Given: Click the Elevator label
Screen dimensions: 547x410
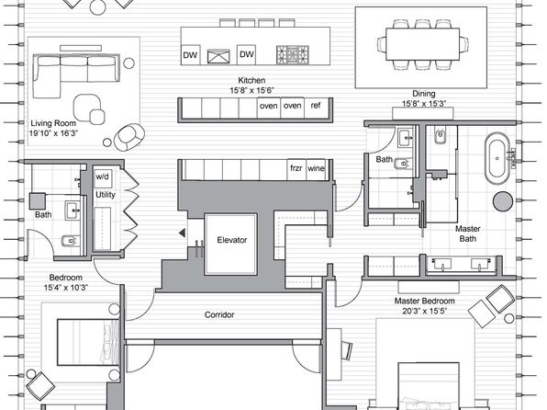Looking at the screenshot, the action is pos(232,240).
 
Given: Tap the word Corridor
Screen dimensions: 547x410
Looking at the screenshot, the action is pos(219,314).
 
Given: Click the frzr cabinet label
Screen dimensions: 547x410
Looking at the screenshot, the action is pos(296,168).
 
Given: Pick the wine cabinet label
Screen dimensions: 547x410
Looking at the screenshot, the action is pos(316,168).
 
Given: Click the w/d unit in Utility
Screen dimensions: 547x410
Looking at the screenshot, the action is pos(103,177).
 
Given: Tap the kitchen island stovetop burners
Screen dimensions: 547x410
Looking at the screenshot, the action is pos(293,55).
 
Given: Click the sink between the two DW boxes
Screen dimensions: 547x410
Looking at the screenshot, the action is pos(218,56).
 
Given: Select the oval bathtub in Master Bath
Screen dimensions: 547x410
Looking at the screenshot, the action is pos(497,158).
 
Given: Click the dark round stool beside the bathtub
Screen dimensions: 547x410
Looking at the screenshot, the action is pos(503,201).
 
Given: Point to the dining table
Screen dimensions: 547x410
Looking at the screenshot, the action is pos(422,44).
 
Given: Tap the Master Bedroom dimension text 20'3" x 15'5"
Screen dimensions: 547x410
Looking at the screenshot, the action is pos(425,311).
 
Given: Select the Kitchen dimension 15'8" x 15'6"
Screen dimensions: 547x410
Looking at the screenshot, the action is pos(251,90).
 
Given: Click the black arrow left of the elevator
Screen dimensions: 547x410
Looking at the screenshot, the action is pos(182,233).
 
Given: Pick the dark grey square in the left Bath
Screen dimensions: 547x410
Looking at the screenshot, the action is pos(38,201).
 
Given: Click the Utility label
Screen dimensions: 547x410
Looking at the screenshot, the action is pos(105,195).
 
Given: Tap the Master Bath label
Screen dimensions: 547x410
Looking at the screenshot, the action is pos(467,233).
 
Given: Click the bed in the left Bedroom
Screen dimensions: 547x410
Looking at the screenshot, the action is pos(88,342).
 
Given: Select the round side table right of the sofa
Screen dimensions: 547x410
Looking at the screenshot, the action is pos(129,63).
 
